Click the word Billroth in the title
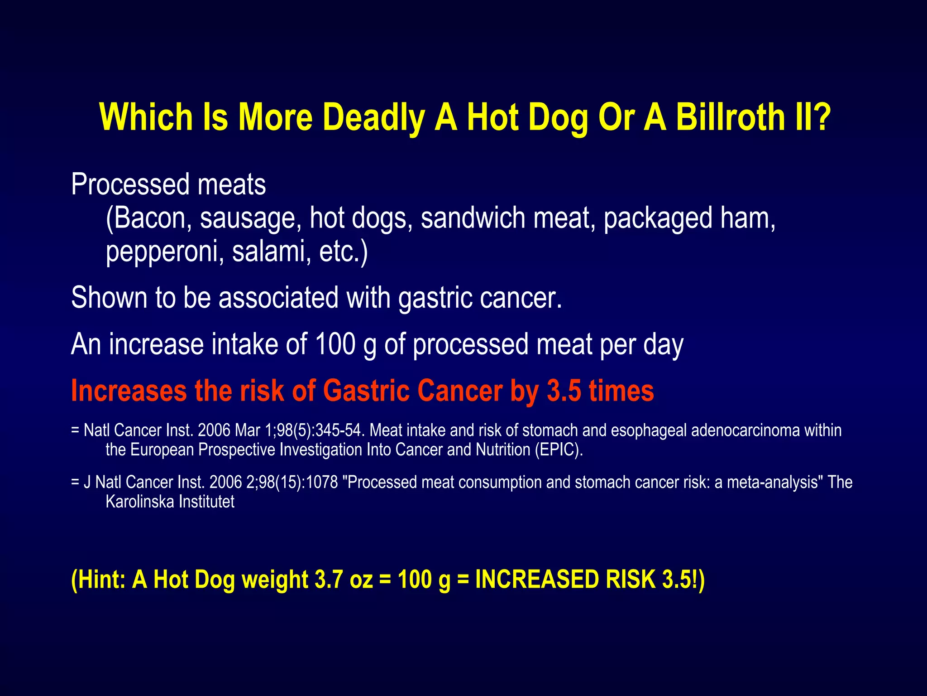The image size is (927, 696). (730, 117)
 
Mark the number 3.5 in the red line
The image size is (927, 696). (564, 391)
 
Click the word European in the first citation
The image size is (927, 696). (162, 450)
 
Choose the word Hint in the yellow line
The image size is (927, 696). (102, 580)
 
